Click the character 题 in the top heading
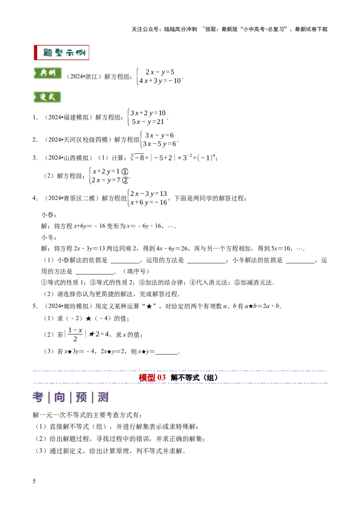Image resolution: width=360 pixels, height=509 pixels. (x=48, y=53)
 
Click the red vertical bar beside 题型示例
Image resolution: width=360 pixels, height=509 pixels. (x=35, y=53)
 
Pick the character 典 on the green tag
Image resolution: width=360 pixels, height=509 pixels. (x=43, y=73)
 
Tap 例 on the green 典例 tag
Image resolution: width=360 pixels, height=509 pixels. (x=52, y=73)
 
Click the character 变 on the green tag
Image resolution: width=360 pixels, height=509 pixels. (x=43, y=97)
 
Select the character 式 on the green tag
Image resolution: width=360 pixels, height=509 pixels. (x=52, y=97)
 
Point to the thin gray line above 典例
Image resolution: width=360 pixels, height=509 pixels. (x=47, y=66)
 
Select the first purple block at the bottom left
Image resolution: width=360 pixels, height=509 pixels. (x=38, y=397)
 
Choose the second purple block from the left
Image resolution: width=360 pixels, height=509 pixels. (x=59, y=397)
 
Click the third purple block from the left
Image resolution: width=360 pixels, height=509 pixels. (x=81, y=397)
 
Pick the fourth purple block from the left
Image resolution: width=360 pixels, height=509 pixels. (x=103, y=397)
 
